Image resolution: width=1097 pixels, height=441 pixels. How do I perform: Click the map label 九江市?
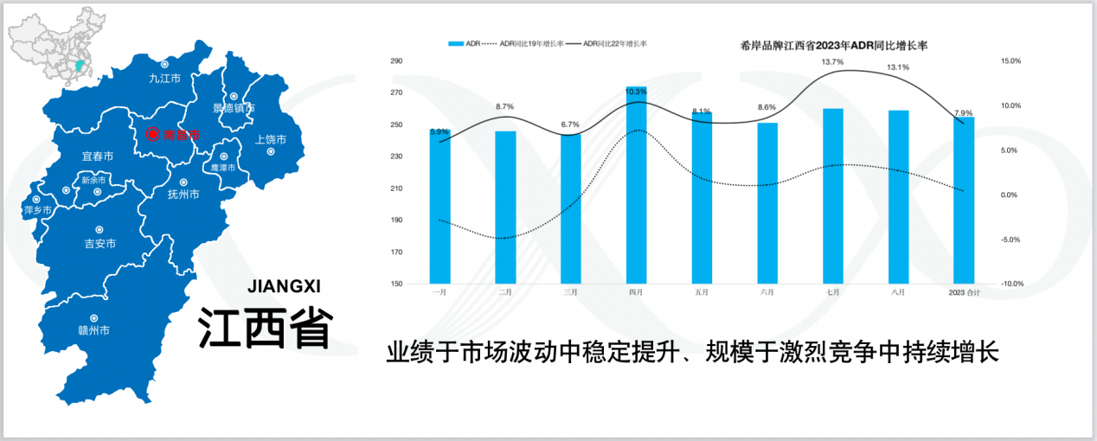[x=164, y=78]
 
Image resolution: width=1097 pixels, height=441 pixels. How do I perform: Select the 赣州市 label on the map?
[x=94, y=330]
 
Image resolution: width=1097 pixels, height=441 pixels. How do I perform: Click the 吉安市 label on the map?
[x=100, y=244]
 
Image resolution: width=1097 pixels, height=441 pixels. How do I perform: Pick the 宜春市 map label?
[x=97, y=157]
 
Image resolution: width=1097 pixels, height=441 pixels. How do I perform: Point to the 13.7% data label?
[x=832, y=62]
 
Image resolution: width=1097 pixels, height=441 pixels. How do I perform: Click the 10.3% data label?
[x=636, y=92]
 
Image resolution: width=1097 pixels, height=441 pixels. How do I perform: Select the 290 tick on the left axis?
[x=397, y=61]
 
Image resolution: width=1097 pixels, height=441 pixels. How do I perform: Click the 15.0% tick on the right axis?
[x=1011, y=61]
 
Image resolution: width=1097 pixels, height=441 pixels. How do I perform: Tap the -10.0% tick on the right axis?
[x=1011, y=284]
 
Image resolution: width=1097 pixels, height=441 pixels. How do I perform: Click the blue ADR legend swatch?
[x=455, y=42]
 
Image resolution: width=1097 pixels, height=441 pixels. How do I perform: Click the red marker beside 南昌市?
[x=152, y=134]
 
